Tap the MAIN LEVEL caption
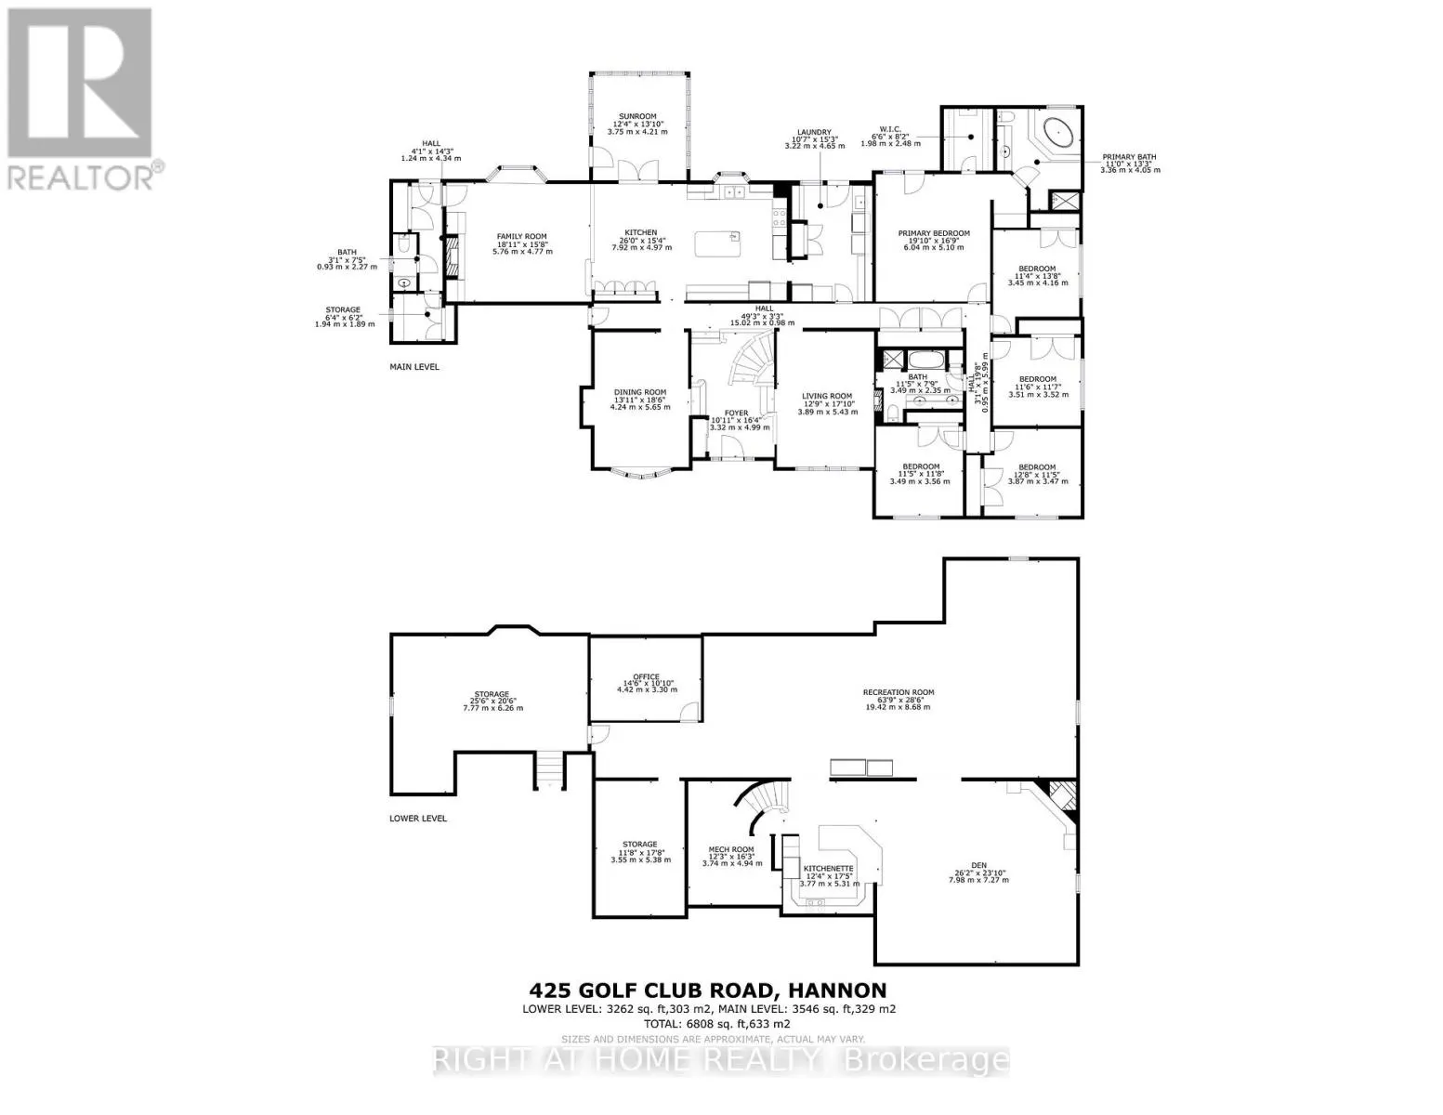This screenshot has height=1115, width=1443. pyautogui.click(x=413, y=367)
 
